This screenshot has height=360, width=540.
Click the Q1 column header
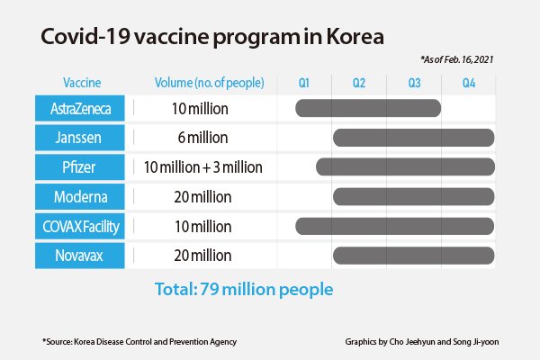[304, 83]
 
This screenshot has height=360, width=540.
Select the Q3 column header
[414, 83]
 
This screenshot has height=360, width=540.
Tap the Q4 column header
[469, 83]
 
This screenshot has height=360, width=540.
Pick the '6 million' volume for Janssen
[202, 138]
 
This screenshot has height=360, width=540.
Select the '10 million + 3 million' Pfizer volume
[202, 167]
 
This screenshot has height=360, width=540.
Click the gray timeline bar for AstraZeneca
[368, 109]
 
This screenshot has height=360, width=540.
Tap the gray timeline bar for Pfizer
[405, 167]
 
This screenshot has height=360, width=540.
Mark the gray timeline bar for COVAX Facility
[395, 226]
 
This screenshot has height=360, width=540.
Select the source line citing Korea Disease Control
[139, 342]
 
